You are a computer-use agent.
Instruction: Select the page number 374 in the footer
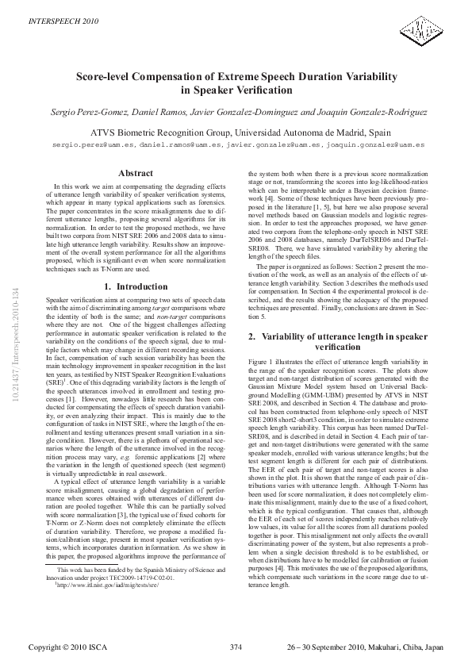(235, 648)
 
